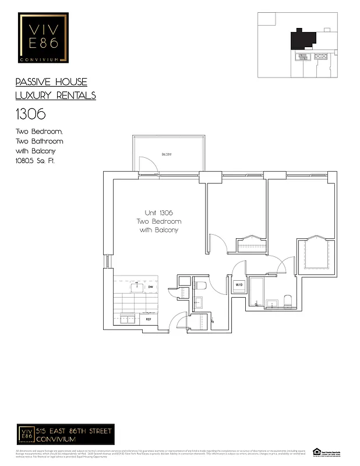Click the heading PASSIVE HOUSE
point(51,82)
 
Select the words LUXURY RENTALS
point(55,96)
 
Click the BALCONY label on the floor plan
point(167,154)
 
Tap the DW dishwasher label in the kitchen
point(150,287)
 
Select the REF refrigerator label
point(149,319)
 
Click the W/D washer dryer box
point(239,285)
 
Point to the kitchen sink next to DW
point(137,286)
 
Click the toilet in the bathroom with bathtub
point(287,300)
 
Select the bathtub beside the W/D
point(256,291)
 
